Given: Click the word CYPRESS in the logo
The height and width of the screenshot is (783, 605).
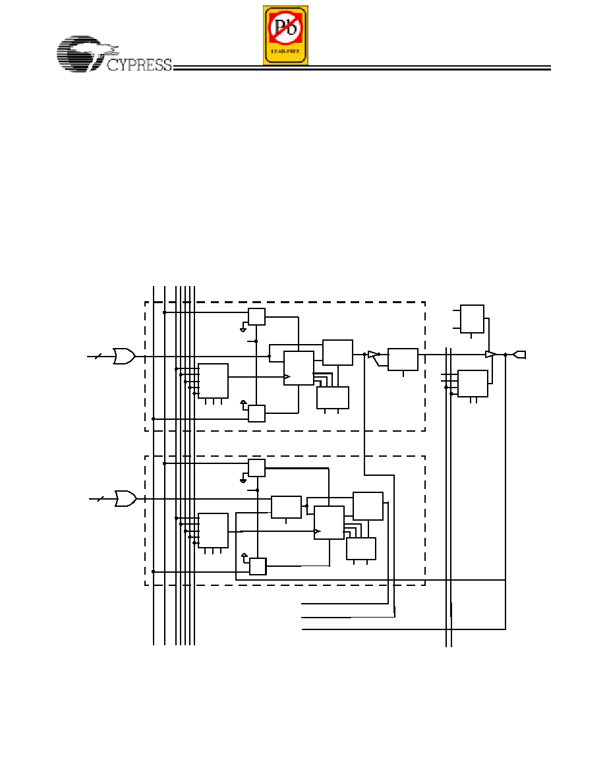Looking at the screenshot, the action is coord(140,65).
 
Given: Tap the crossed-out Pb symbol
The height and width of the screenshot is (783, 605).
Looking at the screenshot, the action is coord(285,28).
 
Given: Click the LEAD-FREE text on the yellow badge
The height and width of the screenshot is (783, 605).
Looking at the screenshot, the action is coord(285,51).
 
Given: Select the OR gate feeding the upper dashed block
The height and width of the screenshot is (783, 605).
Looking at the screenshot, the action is coord(125,356).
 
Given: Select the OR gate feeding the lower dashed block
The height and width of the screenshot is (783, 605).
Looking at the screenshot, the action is coord(126,498).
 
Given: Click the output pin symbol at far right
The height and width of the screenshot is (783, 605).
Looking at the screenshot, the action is coord(519,355).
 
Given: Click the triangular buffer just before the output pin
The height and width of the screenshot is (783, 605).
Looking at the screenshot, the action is coord(491,355).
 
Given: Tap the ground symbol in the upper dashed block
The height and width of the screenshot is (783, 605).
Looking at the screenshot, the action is coord(243,330).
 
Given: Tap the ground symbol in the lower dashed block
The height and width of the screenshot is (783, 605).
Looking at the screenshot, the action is coord(243,480).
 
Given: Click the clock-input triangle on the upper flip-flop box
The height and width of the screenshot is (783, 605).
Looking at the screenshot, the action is coord(287,376).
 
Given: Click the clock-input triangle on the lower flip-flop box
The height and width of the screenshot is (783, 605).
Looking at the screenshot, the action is coord(317,531).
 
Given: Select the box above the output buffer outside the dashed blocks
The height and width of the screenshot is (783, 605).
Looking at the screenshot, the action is coord(472,318).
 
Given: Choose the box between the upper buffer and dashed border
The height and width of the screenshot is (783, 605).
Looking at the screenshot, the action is coord(403,359).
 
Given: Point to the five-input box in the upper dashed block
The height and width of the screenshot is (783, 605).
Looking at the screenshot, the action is coord(213,380).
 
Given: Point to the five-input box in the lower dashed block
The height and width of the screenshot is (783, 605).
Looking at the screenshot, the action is coord(213,531).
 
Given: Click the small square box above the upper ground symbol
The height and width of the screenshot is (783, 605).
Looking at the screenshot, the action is coord(256,316).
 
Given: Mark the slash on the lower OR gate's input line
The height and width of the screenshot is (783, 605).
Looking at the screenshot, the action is coord(99,498).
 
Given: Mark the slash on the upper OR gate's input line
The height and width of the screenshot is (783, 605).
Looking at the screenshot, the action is coord(98,356).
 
